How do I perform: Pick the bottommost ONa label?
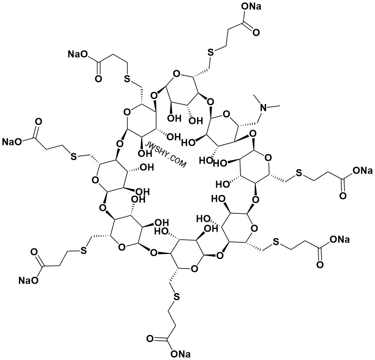click(180, 354)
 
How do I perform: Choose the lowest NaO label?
click(28, 280)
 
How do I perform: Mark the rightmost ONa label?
click(362, 170)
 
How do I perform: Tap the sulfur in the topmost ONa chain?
click(210, 53)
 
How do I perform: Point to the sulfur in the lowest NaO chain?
click(83, 251)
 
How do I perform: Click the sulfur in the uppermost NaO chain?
click(127, 79)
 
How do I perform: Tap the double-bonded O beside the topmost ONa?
click(256, 32)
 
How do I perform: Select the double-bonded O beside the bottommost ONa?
click(150, 339)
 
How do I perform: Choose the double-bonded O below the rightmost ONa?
click(343, 196)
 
